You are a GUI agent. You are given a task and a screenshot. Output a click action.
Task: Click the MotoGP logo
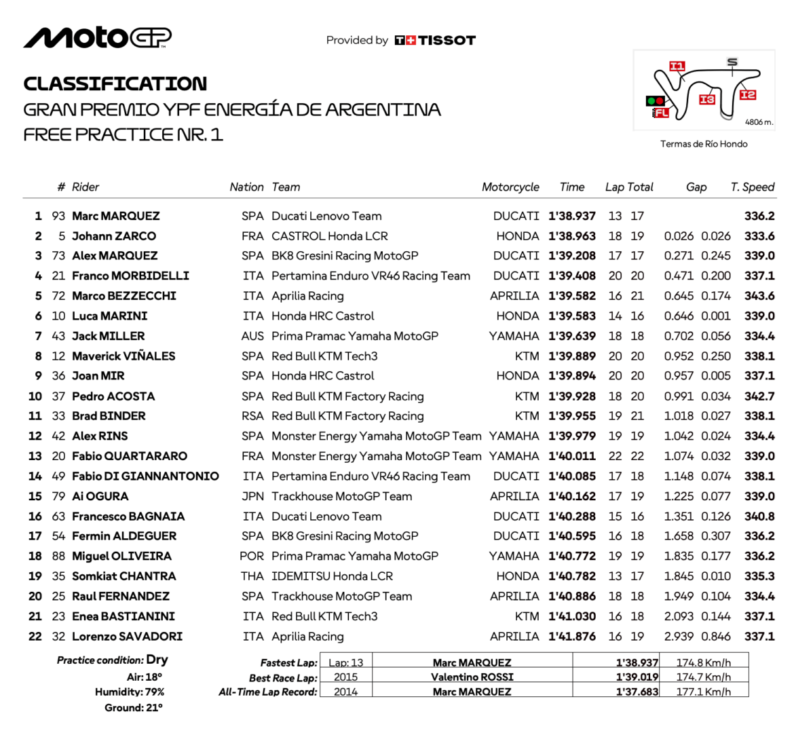click(97, 38)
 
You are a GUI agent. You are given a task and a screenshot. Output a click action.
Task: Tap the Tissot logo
click(435, 41)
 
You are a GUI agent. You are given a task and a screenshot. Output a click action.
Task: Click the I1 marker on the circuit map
click(677, 66)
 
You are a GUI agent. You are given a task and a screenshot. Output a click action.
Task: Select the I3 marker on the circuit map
click(707, 99)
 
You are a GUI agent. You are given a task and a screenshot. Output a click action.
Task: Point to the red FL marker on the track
click(661, 113)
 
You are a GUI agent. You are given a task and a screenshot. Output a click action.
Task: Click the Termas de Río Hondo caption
click(704, 144)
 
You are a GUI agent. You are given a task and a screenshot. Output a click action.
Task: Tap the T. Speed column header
click(752, 187)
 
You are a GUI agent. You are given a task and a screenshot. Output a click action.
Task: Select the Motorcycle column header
click(510, 187)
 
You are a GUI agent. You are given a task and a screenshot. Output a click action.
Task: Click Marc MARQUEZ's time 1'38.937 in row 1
click(572, 217)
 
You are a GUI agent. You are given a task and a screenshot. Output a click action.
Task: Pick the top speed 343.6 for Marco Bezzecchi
click(759, 296)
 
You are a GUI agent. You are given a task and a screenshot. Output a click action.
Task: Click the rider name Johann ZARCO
click(114, 236)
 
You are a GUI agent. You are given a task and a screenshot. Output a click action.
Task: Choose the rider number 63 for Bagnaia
click(58, 516)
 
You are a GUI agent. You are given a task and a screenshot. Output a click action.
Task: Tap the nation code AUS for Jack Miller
click(252, 336)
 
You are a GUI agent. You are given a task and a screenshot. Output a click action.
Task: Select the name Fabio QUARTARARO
click(130, 456)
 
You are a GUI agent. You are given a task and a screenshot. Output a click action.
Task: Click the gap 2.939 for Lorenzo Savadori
click(679, 637)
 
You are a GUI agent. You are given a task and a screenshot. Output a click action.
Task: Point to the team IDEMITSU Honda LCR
click(332, 576)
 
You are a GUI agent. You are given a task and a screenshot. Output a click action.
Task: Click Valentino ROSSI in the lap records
click(472, 677)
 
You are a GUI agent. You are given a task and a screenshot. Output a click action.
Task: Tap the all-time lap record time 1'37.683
click(637, 692)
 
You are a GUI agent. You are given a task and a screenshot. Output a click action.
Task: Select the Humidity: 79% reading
click(130, 692)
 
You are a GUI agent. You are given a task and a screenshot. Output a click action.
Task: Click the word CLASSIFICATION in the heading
click(115, 84)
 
